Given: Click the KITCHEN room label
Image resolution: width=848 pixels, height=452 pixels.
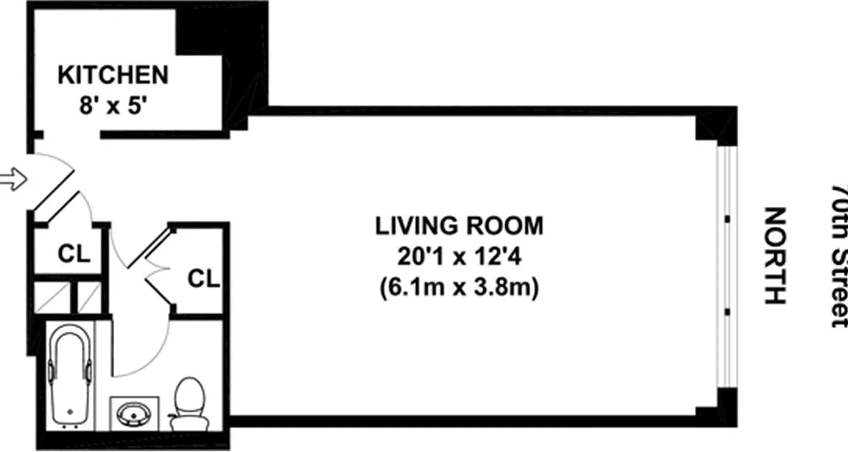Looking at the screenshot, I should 113,75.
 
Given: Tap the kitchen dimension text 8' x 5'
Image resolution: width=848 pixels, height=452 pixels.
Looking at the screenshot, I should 113,106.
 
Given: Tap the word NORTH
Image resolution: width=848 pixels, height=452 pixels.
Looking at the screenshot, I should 775,256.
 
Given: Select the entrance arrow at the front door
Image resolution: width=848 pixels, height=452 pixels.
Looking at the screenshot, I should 12,180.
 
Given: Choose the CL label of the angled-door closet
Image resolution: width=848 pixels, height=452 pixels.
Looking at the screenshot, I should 204,279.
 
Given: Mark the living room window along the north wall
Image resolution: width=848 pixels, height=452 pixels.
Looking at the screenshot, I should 727,266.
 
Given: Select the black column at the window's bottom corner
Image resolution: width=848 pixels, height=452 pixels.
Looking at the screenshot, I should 716,405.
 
